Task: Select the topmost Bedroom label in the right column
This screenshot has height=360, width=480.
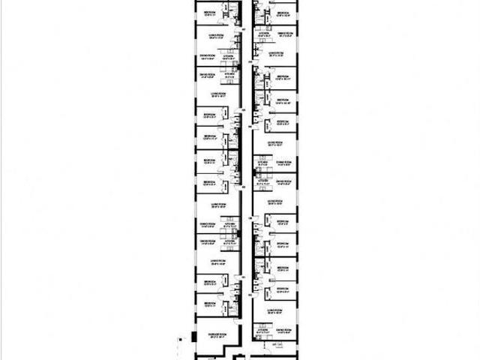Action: click(283, 13)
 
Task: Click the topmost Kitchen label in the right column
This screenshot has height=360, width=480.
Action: click(263, 33)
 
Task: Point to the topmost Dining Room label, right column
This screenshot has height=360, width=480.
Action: click(283, 33)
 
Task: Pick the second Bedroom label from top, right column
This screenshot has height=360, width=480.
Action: click(283, 76)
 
